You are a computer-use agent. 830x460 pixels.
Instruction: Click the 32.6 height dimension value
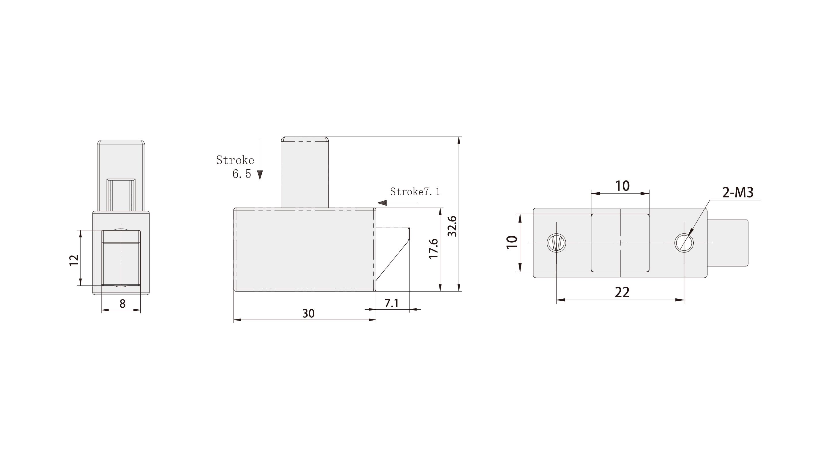pos(452,226)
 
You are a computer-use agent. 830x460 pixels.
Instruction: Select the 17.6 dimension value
pos(434,249)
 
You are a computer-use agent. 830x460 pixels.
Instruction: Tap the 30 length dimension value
pos(308,313)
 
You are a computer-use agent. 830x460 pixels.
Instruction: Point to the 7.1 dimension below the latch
pos(391,303)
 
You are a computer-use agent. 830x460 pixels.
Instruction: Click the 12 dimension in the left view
pos(74,260)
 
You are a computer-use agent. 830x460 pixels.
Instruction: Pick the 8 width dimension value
pos(123,304)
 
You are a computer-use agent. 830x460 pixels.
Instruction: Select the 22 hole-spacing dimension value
pos(622,292)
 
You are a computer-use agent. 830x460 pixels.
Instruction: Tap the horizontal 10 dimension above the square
pos(622,186)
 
